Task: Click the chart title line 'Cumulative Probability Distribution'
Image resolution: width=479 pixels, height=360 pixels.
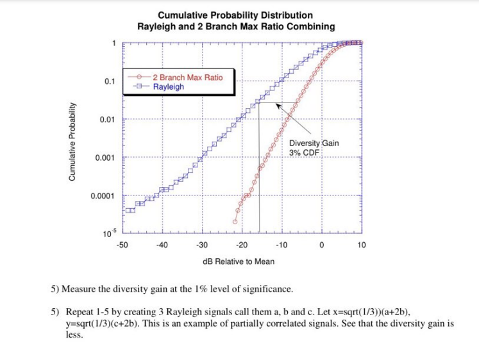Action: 235,15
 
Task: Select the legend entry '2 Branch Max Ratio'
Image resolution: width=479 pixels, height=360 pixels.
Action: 187,78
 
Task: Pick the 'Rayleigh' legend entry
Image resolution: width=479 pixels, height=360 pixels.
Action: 168,87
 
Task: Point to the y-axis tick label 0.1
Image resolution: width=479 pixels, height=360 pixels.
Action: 110,82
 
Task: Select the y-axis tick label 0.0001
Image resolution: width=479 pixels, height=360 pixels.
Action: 104,196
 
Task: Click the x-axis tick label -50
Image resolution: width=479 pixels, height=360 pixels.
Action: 122,245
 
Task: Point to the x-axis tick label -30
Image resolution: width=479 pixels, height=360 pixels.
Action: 201,245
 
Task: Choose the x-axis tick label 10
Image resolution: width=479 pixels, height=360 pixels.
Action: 361,245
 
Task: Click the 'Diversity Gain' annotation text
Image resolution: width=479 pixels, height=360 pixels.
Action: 314,143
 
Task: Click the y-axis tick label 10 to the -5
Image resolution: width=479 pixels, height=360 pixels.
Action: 108,232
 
